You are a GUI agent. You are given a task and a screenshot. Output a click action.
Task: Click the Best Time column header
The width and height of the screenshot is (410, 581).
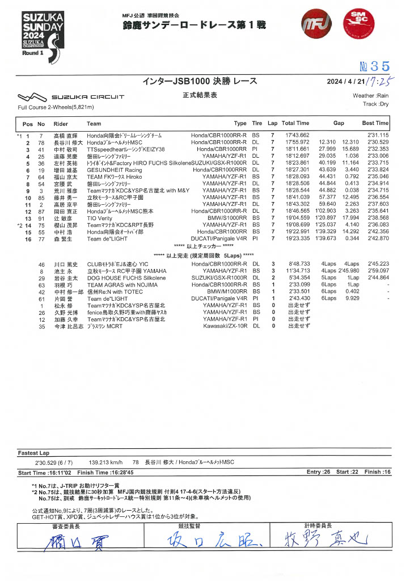pyautogui.click(x=375, y=123)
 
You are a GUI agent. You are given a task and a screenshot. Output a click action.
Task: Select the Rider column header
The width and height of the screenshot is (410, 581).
pyautogui.click(x=61, y=123)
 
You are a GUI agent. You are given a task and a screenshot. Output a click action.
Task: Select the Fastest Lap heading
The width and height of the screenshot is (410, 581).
pyautogui.click(x=36, y=452)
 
